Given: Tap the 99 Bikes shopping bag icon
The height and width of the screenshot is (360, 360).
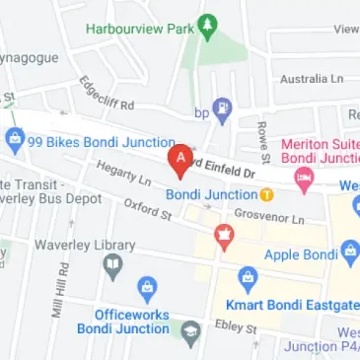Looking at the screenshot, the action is tap(14, 140).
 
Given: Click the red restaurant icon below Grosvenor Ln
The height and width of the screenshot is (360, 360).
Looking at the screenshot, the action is tap(225, 236).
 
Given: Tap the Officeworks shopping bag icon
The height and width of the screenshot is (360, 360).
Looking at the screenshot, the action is tap(147, 288).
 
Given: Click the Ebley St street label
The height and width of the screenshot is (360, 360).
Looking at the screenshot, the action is tap(237, 327).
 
